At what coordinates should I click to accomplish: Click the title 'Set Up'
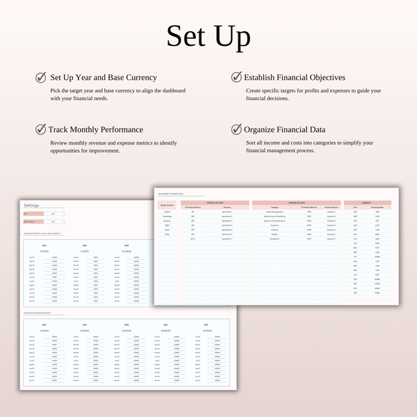(x=208, y=36)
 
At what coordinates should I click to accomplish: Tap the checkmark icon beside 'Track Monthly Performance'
(x=41, y=129)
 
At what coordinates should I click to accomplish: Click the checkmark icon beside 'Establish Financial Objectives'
(x=236, y=77)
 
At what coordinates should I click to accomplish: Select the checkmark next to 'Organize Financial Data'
(x=236, y=129)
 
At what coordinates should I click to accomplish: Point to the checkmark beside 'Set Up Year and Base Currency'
(x=41, y=77)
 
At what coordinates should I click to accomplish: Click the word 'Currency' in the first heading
(x=138, y=78)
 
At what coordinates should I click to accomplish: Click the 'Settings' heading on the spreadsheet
(x=32, y=206)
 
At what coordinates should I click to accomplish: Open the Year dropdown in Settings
(x=54, y=213)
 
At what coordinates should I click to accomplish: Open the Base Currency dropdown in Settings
(x=54, y=222)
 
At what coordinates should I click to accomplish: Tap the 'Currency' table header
(x=366, y=203)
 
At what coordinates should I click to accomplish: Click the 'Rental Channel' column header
(x=167, y=206)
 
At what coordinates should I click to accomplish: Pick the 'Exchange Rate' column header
(x=377, y=207)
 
